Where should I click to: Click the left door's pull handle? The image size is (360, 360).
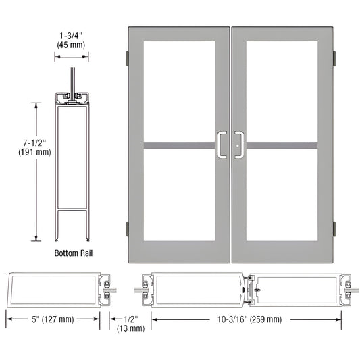222,145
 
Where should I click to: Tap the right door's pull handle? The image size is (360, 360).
239,145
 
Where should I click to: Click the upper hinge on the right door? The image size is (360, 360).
334,59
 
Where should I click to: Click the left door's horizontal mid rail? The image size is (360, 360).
179,145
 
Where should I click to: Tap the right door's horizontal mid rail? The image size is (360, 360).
282,145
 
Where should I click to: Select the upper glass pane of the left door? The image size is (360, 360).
179,91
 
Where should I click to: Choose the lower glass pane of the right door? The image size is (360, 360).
282,196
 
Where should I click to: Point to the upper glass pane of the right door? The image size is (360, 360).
282,91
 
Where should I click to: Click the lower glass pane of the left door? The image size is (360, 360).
179,196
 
